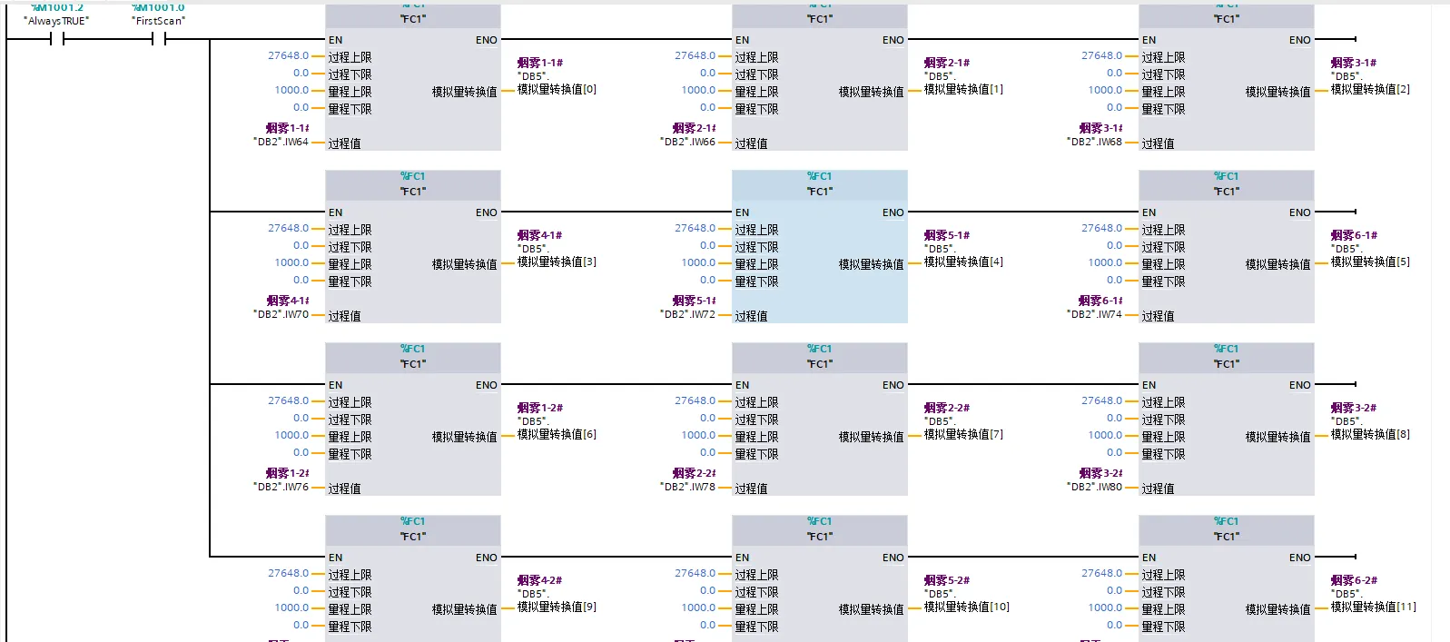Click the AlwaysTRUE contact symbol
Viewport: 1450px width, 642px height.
pyautogui.click(x=57, y=39)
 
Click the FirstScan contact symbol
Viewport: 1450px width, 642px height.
pyautogui.click(x=159, y=39)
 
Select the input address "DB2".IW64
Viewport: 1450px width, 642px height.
pyautogui.click(x=281, y=142)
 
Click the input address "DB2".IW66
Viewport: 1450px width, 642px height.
pyautogui.click(x=687, y=142)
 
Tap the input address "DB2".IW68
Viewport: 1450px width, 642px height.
pyautogui.click(x=1094, y=142)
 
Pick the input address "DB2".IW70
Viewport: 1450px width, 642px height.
pyautogui.click(x=281, y=314)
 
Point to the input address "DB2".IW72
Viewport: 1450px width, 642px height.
pyautogui.click(x=687, y=314)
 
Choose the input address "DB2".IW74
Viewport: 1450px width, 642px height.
pyautogui.click(x=1094, y=314)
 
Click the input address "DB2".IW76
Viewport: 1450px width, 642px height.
pyautogui.click(x=281, y=487)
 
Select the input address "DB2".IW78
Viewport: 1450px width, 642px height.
pyautogui.click(x=687, y=487)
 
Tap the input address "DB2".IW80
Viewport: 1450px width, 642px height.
pyautogui.click(x=1094, y=487)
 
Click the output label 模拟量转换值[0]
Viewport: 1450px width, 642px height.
pyautogui.click(x=557, y=89)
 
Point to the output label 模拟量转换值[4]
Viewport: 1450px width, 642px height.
pyautogui.click(x=963, y=262)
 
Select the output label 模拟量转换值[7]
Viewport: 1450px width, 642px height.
pyautogui.click(x=963, y=434)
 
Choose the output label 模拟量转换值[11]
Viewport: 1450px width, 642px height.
pyautogui.click(x=1373, y=607)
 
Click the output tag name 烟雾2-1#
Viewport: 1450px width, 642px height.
pyautogui.click(x=947, y=63)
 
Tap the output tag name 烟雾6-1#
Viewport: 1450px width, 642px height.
pyautogui.click(x=1354, y=235)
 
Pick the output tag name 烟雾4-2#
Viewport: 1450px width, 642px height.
pyautogui.click(x=540, y=580)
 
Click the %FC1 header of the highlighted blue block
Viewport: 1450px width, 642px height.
pyautogui.click(x=819, y=176)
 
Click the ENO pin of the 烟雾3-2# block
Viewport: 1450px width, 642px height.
pyautogui.click(x=1299, y=385)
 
